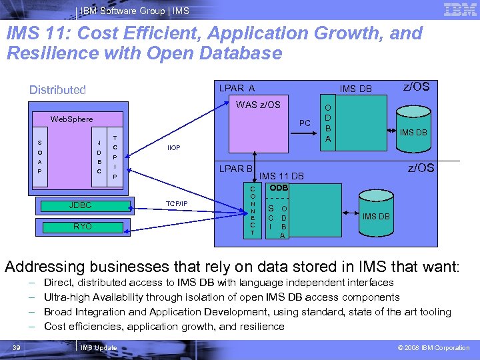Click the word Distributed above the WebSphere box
coord(57,90)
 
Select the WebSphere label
coord(72,119)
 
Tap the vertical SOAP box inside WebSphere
coord(39,157)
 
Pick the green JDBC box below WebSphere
coord(81,205)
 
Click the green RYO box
coord(82,227)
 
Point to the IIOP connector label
coord(174,147)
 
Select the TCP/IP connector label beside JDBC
coord(176,203)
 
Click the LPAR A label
coord(237,88)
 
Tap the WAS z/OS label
coord(258,105)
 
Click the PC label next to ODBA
coord(305,123)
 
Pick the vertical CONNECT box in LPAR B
coord(253,211)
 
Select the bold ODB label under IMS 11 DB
coord(279,188)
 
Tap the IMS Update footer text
coord(98,347)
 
